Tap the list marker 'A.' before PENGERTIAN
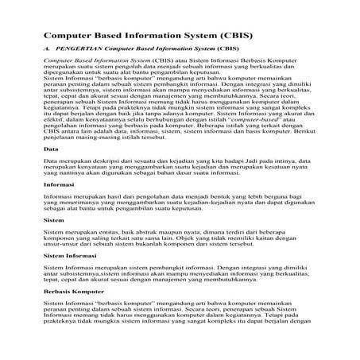click(48, 50)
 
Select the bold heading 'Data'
click(49, 171)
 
